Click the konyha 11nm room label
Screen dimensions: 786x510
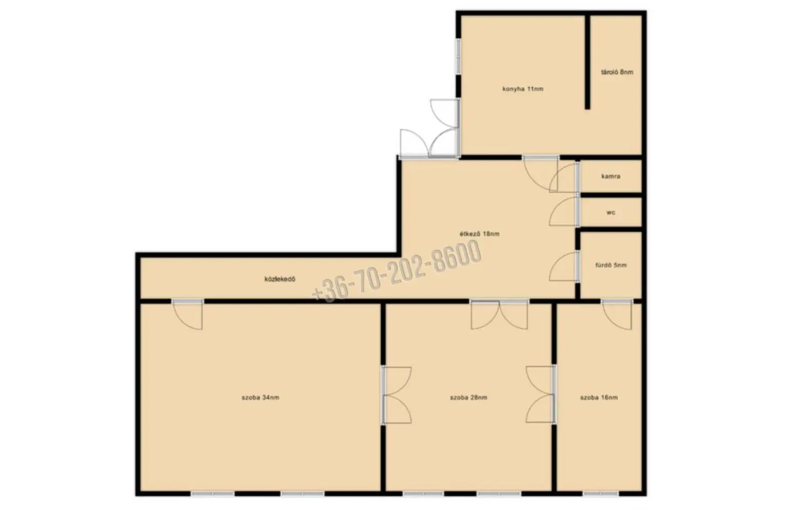(523, 89)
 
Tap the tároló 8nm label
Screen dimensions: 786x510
(617, 72)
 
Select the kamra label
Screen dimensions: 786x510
(611, 176)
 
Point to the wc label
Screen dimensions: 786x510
(611, 213)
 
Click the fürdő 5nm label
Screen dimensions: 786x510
(611, 265)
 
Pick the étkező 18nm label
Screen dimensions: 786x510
(479, 234)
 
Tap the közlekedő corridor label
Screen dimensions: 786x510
(280, 280)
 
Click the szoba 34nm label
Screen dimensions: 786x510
(260, 398)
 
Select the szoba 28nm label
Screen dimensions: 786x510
(468, 398)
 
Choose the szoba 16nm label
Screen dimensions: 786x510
(599, 398)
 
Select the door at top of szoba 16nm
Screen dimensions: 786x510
(617, 315)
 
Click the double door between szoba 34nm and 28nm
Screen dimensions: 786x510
(397, 396)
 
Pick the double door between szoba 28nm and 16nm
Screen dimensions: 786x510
(541, 395)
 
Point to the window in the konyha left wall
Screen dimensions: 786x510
(458, 56)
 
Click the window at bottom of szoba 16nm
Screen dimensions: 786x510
(600, 494)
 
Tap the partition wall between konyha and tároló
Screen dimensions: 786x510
(587, 62)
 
